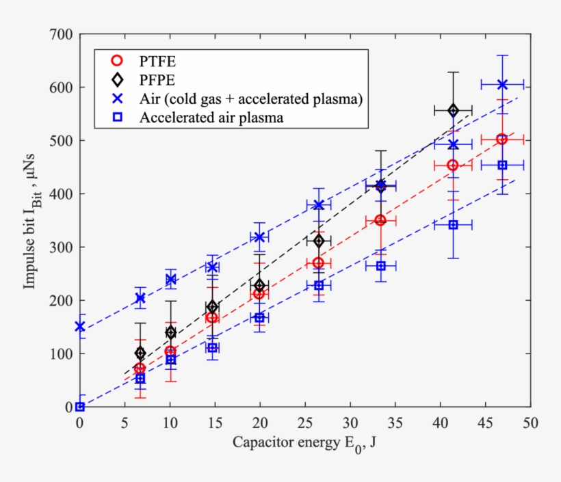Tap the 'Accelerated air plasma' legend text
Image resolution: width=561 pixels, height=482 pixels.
coord(211,117)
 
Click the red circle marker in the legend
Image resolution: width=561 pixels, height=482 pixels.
coord(117,59)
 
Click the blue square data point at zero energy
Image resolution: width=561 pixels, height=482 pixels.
coord(80,407)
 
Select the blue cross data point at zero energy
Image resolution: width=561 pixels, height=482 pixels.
coord(80,327)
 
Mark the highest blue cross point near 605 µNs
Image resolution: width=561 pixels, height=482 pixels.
coord(502,84)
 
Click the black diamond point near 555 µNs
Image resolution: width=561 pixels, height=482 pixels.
coord(453,110)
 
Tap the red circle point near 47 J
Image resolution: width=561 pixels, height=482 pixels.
coord(502,139)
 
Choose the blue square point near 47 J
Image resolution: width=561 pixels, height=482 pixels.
coord(502,165)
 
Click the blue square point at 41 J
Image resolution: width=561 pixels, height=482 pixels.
coord(453,225)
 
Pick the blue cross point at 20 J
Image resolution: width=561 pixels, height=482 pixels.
coord(259,237)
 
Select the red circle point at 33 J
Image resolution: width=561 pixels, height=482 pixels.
coord(380,220)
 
